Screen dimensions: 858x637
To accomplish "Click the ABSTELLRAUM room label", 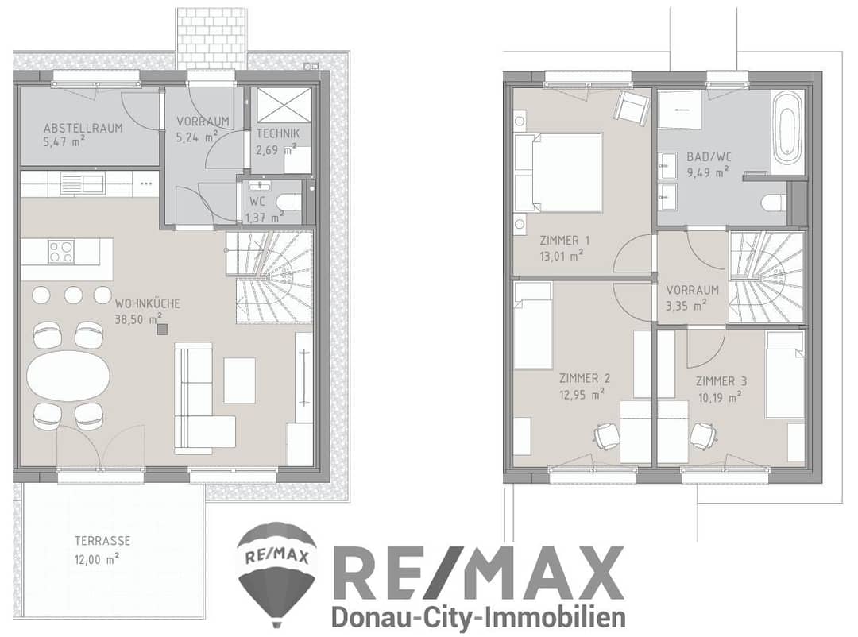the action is click(83, 128).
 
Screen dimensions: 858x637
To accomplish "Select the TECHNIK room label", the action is click(278, 133).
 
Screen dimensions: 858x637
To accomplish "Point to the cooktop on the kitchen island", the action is click(60, 253).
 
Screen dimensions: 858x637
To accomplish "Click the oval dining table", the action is click(68, 376).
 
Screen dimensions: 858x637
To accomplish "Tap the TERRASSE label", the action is click(102, 541).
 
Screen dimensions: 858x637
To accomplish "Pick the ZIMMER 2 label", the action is click(585, 378).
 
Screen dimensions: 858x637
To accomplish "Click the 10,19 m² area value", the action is click(720, 396).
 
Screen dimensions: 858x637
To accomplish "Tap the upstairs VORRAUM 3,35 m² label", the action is click(692, 297).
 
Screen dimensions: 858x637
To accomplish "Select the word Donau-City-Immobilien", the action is click(479, 617).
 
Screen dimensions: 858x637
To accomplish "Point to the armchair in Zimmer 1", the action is click(632, 106).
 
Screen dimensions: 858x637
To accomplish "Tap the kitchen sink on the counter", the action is click(82, 183).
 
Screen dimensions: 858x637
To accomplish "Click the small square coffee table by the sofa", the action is click(239, 380).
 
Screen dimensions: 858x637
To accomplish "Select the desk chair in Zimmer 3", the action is click(702, 436).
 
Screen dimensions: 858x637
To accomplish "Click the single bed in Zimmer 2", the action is click(533, 326).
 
